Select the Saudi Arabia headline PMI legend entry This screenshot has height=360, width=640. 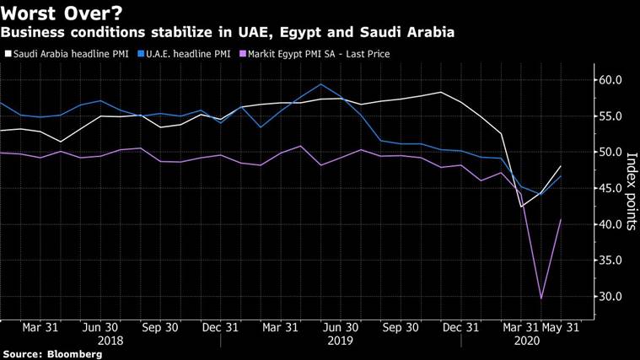coord(68,54)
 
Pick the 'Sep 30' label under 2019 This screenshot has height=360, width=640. coord(401,328)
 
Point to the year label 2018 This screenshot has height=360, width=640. coord(110,341)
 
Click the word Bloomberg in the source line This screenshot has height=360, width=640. coord(74,355)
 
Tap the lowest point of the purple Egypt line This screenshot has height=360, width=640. coord(541,298)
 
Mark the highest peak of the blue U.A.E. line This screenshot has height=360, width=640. coord(320,84)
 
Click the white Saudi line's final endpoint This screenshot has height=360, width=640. coord(562,166)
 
